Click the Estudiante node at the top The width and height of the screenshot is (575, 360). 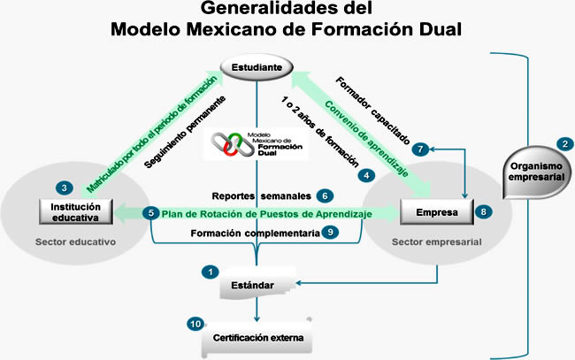point(256,67)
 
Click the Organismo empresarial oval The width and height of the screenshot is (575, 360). point(533,170)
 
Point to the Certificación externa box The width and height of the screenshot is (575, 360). point(257,337)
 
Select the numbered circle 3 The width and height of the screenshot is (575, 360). point(65,188)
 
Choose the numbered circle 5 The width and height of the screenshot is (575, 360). point(151,213)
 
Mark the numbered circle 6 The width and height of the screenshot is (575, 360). point(326,195)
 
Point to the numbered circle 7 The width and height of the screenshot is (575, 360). point(421,149)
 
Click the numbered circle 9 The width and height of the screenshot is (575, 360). point(329,233)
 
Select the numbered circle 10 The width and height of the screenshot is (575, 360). point(195,324)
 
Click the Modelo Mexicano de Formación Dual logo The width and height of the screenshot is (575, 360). point(257,144)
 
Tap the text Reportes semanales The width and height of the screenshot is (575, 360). point(263,195)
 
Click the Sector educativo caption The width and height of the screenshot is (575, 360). point(74,240)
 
